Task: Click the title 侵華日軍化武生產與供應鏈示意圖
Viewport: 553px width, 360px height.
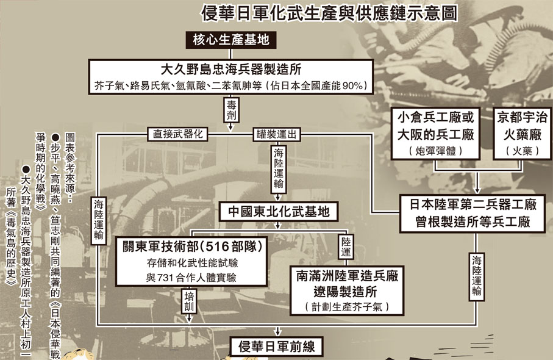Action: [330, 13]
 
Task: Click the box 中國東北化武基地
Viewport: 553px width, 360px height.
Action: [279, 212]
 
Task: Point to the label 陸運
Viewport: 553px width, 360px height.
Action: [345, 247]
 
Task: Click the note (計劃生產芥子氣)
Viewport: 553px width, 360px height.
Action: [346, 307]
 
